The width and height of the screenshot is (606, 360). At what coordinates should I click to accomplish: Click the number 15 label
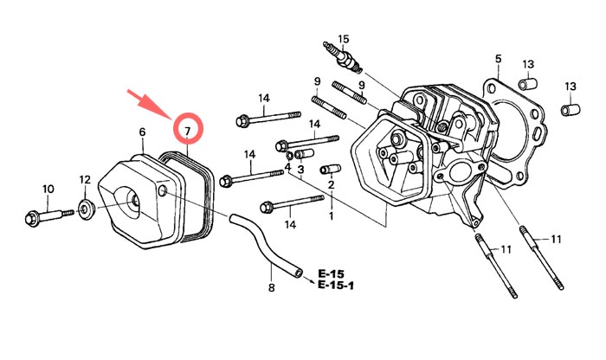click(x=344, y=39)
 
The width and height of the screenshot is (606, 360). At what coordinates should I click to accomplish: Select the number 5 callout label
click(x=498, y=59)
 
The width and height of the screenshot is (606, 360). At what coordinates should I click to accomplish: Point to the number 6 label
click(x=141, y=132)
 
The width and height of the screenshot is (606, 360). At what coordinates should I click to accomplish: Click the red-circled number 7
click(x=186, y=130)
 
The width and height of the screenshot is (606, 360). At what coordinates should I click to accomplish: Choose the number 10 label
click(x=48, y=189)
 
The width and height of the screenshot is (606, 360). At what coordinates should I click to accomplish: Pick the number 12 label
click(x=85, y=179)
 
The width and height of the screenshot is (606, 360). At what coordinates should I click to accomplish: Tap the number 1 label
click(x=330, y=215)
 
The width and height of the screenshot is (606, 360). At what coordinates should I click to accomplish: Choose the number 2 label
click(x=330, y=185)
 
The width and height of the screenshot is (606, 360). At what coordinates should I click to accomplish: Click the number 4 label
click(x=287, y=167)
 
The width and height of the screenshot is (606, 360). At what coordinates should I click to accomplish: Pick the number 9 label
click(x=318, y=81)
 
